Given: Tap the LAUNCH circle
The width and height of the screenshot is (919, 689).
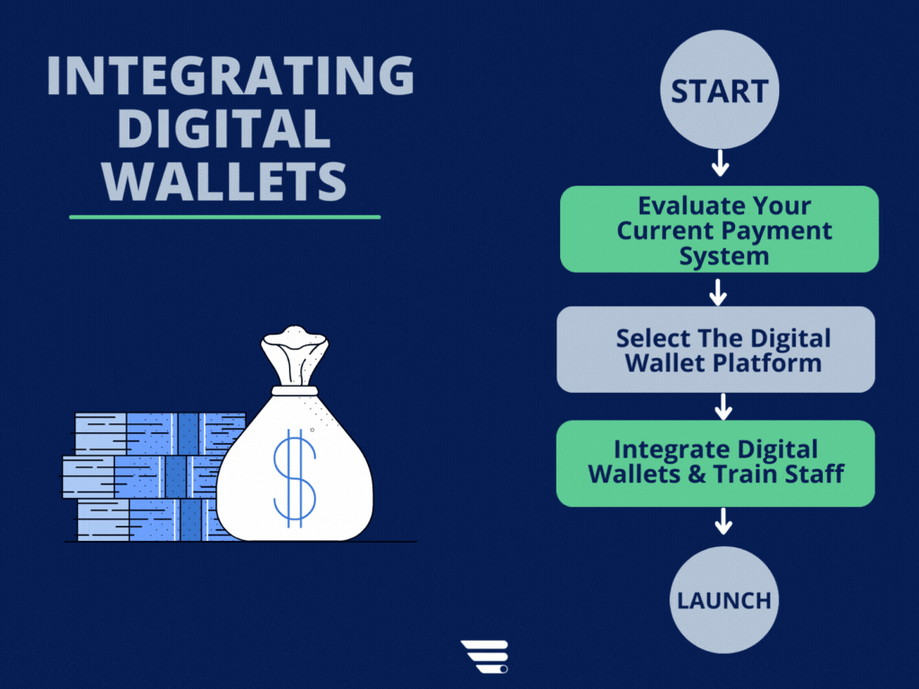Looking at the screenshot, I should point(723,599).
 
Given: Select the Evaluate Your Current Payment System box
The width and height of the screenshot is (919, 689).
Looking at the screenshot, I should point(719,229).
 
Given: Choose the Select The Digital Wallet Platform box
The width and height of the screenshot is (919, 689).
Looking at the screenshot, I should point(716,350).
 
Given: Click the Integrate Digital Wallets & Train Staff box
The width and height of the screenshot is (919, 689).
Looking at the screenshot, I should point(716,463).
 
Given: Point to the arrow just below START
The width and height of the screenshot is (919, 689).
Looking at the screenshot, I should point(720,163).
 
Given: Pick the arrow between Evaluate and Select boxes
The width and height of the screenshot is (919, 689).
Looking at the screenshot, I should point(718,291).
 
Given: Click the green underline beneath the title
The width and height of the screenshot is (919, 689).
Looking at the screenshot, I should point(224,216).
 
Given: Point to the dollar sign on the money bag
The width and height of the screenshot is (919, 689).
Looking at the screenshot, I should point(294,477).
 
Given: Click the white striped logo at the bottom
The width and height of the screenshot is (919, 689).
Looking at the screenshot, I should point(485,657).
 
